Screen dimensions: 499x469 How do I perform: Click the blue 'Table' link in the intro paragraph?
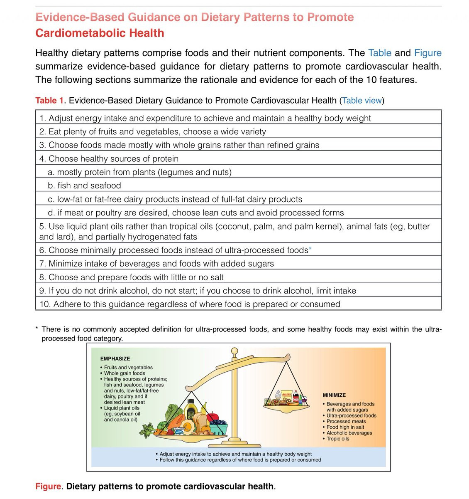point(379,53)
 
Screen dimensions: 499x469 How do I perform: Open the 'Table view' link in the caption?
point(362,101)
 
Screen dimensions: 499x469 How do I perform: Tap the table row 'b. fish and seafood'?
point(84,185)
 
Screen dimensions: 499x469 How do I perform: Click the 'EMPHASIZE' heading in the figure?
point(115,358)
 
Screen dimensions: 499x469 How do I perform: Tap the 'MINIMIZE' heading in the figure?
point(334,395)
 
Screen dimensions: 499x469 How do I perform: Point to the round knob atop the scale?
point(234,351)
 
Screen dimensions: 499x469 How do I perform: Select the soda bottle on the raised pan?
point(296,397)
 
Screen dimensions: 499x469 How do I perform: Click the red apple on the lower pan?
point(212,417)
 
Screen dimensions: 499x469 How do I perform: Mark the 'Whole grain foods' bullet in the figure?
point(124,373)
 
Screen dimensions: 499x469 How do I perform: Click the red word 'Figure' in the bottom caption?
point(48,487)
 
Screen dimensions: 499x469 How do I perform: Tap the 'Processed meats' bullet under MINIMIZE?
point(346,421)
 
